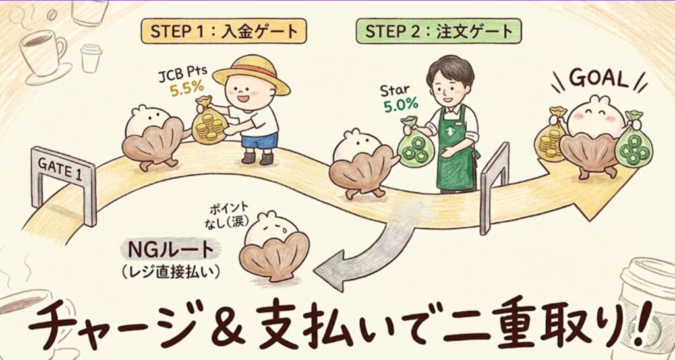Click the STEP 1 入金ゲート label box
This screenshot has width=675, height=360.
click(224, 31)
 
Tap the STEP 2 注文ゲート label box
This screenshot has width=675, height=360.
click(438, 31)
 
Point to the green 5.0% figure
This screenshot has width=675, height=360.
click(401, 105)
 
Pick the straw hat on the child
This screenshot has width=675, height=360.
click(251, 74)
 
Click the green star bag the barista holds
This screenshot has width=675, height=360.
click(415, 144)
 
